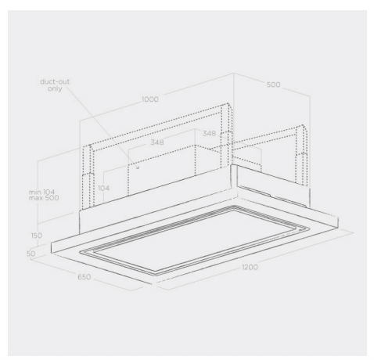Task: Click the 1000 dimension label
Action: [150, 99]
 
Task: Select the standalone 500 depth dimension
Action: [273, 85]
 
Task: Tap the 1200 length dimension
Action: [250, 267]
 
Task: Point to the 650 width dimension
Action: [85, 277]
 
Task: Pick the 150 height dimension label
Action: [37, 236]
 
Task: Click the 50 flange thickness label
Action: [31, 254]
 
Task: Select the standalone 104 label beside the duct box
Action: [103, 188]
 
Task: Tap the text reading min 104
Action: [41, 193]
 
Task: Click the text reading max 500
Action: [44, 198]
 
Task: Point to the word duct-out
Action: [55, 81]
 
